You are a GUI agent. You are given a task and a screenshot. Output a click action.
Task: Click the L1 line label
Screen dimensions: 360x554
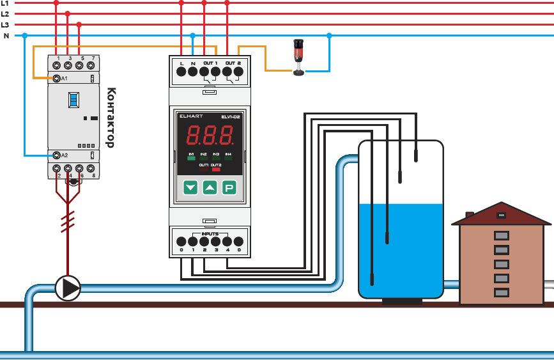pyautogui.click(x=4, y=3)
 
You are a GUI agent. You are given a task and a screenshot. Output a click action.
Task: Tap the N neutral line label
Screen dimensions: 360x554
pyautogui.click(x=6, y=36)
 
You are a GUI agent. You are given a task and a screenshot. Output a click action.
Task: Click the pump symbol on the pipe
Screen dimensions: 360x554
pyautogui.click(x=68, y=288)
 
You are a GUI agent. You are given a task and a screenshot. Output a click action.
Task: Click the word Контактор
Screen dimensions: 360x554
pyautogui.click(x=110, y=118)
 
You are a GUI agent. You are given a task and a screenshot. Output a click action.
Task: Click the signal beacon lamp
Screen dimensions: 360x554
pyautogui.click(x=298, y=57)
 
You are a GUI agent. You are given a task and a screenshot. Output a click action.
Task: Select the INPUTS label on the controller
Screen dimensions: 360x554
pyautogui.click(x=210, y=234)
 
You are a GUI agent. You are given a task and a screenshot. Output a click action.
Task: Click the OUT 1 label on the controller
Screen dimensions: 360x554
pyautogui.click(x=210, y=63)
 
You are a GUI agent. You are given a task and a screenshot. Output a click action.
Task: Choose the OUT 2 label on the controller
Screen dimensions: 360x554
pyautogui.click(x=233, y=63)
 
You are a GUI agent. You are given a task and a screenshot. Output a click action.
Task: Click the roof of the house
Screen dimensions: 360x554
pyautogui.click(x=501, y=214)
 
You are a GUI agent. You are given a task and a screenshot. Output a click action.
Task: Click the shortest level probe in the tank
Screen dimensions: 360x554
pyautogui.click(x=415, y=154)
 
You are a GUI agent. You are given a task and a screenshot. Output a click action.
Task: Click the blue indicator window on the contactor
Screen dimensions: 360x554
pyautogui.click(x=73, y=99)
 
